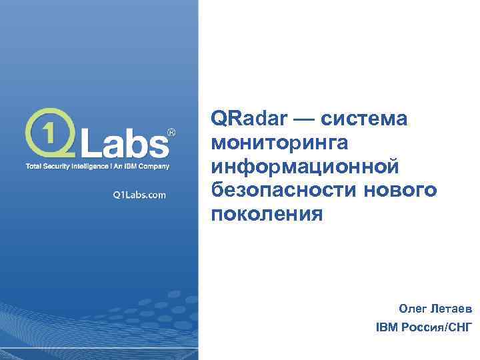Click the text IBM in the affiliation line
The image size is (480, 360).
click(387, 328)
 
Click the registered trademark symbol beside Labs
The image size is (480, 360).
click(170, 133)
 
